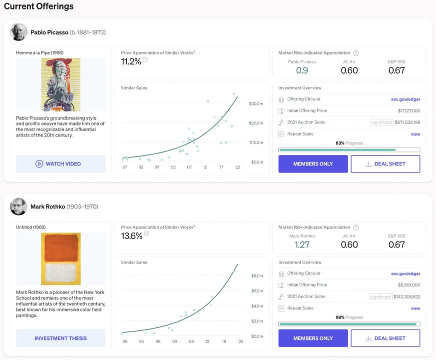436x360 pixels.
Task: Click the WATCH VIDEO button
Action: [x=60, y=163]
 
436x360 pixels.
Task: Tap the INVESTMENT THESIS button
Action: [x=60, y=338]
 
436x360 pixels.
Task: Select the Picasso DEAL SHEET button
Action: [x=386, y=163]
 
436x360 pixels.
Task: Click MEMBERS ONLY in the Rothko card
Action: [x=313, y=338]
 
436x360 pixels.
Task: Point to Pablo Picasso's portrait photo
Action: [x=18, y=32]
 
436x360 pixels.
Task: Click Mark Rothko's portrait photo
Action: [x=18, y=206]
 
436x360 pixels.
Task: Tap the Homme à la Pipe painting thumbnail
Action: [x=61, y=84]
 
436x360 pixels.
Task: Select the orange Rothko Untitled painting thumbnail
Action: [x=61, y=258]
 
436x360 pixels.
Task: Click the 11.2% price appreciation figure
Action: [x=131, y=61]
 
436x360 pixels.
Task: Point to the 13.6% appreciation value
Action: [x=131, y=236]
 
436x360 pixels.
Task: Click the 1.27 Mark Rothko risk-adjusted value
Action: [x=302, y=244]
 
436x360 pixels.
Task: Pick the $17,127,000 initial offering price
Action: [x=409, y=110]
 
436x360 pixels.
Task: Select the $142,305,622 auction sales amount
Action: [x=407, y=296]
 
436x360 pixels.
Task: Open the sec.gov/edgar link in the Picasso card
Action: [x=406, y=99]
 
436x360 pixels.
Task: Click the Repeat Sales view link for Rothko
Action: [x=416, y=308]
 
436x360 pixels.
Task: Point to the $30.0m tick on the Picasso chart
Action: [x=256, y=103]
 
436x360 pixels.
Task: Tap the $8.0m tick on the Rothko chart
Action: [x=257, y=275]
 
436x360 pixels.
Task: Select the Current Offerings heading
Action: [x=38, y=6]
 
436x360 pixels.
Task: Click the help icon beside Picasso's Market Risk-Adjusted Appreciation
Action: [x=356, y=53]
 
